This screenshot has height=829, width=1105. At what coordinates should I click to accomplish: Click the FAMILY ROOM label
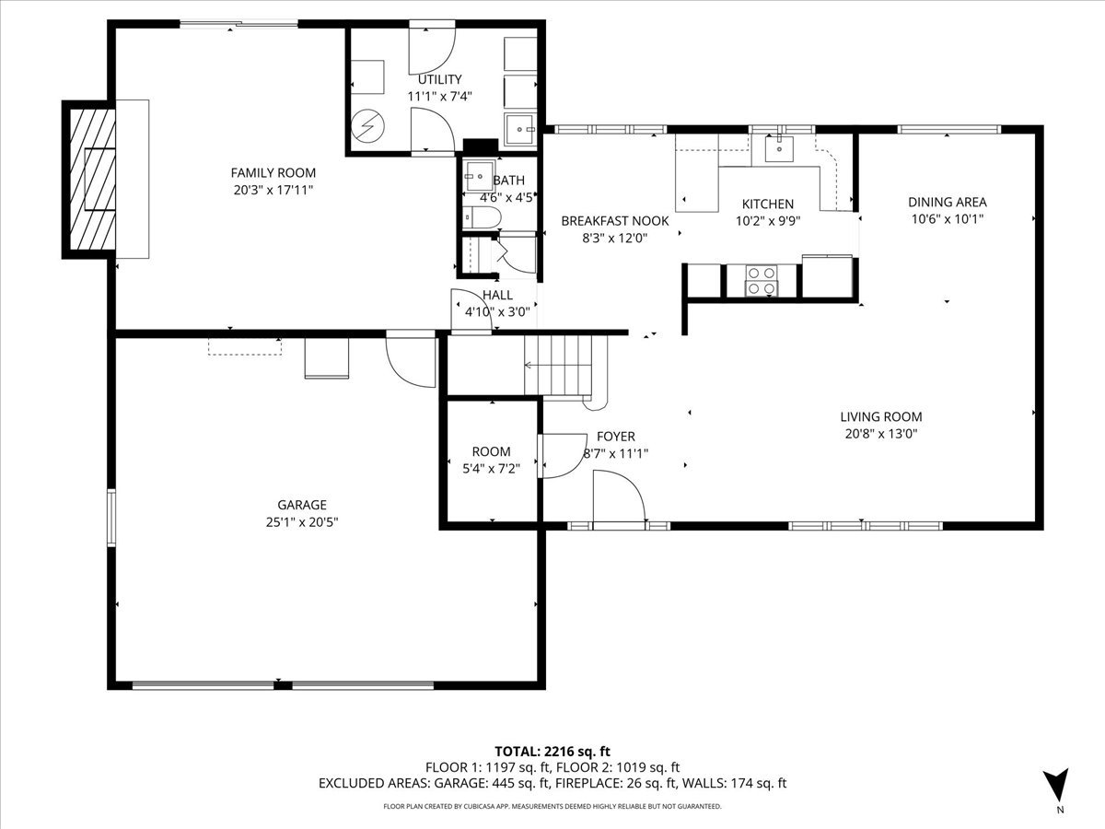click(273, 172)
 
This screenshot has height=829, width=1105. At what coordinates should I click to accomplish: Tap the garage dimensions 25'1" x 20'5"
click(302, 521)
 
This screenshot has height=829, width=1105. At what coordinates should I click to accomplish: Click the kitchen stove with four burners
click(762, 280)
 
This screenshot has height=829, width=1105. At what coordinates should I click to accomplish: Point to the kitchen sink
click(780, 146)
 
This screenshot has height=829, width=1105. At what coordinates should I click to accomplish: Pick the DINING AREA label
click(947, 202)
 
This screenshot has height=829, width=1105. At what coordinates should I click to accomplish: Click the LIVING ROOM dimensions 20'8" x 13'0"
click(882, 433)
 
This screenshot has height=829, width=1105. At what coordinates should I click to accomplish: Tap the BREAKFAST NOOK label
click(615, 221)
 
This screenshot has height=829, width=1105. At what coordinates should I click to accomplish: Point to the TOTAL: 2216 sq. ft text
click(552, 752)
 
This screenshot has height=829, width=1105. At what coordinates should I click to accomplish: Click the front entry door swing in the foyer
click(618, 497)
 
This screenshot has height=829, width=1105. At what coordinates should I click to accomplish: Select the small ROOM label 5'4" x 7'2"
click(491, 451)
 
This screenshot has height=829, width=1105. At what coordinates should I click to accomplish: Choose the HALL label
click(497, 295)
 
